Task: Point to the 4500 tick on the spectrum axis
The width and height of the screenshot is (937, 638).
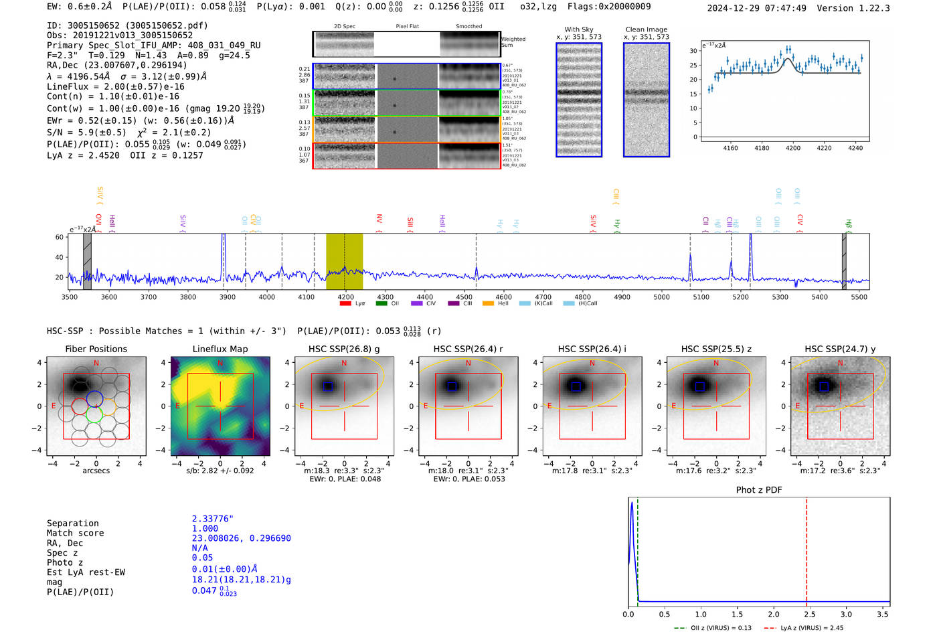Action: [x=464, y=297]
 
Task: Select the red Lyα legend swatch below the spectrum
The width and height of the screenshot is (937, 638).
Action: [x=345, y=304]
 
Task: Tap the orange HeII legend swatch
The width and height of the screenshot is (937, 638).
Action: [x=488, y=304]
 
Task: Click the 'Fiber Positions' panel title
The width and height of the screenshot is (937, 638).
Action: [x=96, y=349]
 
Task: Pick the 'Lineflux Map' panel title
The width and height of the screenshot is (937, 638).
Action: [x=220, y=349]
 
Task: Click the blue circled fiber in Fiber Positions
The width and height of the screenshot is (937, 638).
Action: [x=94, y=398]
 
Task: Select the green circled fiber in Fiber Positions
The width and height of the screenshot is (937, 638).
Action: [x=94, y=414]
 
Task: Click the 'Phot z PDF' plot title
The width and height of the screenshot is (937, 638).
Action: [x=759, y=490]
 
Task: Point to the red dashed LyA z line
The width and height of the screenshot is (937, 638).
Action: [x=806, y=549]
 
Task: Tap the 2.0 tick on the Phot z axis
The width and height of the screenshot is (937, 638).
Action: [x=774, y=614]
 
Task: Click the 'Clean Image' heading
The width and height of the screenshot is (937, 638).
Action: [x=646, y=29]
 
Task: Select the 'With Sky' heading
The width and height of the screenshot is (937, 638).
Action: [x=579, y=29]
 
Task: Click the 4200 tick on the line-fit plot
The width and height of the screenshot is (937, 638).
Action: [x=793, y=148]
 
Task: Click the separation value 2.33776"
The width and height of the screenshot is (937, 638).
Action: [x=212, y=519]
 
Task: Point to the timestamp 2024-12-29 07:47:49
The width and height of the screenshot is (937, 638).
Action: [x=757, y=8]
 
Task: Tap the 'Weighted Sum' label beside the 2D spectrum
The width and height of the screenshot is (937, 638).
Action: [x=513, y=42]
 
